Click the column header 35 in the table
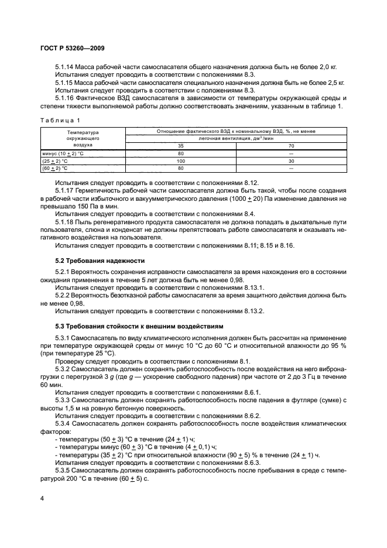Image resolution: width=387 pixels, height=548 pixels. (181, 146)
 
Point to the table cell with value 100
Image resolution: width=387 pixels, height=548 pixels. (181, 160)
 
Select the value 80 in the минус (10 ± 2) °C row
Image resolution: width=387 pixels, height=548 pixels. (181, 153)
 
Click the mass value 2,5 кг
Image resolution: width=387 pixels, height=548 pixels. (334, 83)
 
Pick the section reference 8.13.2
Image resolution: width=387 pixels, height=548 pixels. (254, 311)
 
